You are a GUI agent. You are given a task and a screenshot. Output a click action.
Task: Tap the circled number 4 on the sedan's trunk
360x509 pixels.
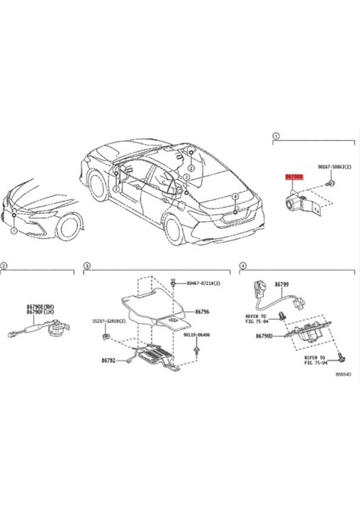(x=234, y=196)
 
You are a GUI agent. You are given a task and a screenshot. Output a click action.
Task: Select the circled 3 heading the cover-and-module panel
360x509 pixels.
(x=86, y=266)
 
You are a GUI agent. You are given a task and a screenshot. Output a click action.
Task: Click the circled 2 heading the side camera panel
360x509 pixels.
(x=4, y=266)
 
